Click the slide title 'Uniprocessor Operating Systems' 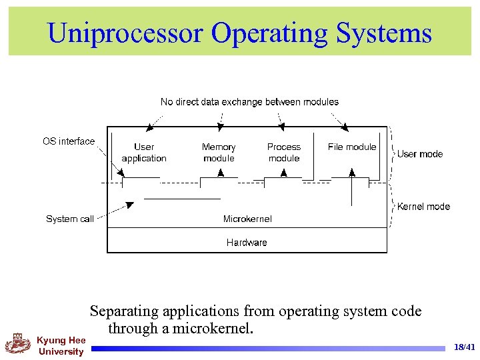point(240,32)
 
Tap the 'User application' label point(144,153)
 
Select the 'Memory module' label point(219,153)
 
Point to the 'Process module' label point(284,153)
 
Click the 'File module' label point(352,147)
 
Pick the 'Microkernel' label point(247,219)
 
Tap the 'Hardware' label point(247,243)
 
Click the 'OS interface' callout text point(69,141)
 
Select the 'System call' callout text point(70,219)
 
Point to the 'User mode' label point(420,154)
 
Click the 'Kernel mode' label point(423,207)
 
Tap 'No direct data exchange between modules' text point(249,102)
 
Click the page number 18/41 point(464,347)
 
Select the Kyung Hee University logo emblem point(18,343)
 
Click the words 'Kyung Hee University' point(61,346)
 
